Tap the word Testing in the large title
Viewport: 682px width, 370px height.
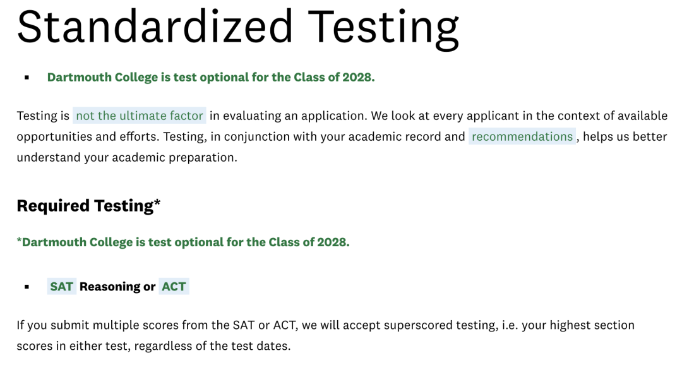(x=383, y=28)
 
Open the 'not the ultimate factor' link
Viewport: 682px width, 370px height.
(x=139, y=116)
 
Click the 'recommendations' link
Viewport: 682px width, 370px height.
(x=522, y=136)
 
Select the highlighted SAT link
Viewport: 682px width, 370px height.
(x=62, y=287)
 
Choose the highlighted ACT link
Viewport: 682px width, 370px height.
(x=174, y=287)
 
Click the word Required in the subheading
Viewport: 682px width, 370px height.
(x=53, y=206)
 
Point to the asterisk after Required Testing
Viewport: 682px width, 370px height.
(x=157, y=202)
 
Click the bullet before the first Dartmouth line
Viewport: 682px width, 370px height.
(x=27, y=78)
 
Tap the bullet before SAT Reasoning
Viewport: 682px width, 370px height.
(x=27, y=287)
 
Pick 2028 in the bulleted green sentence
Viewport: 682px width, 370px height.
(x=359, y=77)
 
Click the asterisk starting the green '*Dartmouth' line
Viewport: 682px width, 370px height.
(x=19, y=239)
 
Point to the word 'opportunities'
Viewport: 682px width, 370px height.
(x=54, y=137)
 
